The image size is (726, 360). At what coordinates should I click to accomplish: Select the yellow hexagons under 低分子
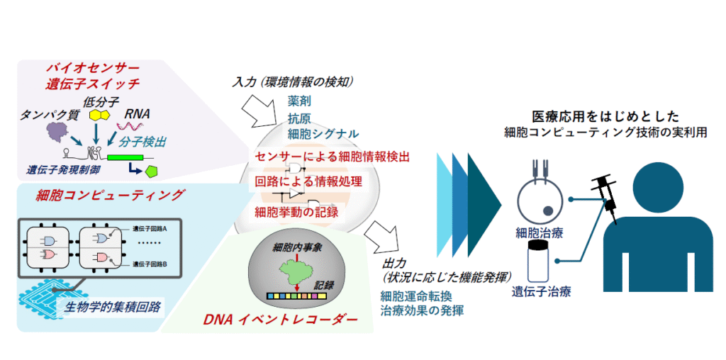(x=99, y=115)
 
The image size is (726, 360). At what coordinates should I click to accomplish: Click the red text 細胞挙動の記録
(x=297, y=210)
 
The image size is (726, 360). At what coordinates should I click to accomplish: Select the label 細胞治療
(x=541, y=232)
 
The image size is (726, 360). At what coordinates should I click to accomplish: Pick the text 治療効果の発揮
(x=421, y=310)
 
